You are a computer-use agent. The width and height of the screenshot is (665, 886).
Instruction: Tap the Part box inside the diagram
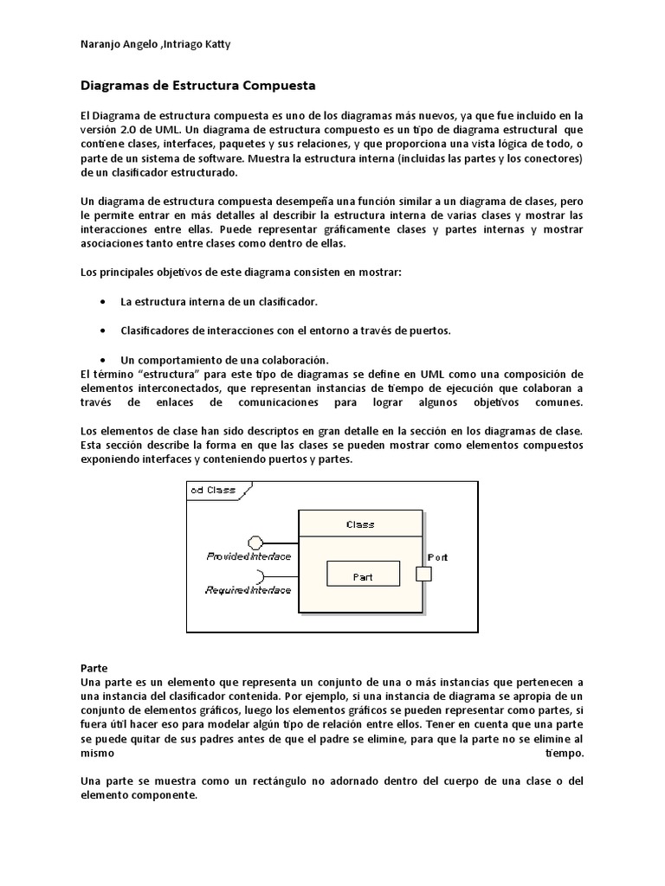pos(363,575)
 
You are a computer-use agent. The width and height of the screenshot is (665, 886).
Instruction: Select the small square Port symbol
pos(423,574)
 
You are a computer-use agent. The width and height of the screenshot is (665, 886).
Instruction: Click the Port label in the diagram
pos(438,557)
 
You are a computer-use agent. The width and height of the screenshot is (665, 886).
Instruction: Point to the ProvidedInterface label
pos(249,556)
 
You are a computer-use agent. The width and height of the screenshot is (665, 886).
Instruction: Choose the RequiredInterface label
pos(249,590)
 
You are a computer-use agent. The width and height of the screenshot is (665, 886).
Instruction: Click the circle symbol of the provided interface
pos(255,543)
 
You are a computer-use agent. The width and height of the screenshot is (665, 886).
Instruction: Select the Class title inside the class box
pos(360,524)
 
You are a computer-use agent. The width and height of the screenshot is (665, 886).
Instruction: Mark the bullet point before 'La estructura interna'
pos(104,302)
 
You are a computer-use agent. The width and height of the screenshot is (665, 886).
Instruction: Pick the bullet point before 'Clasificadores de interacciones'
pos(104,331)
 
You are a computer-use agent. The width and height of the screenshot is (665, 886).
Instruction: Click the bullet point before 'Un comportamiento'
pos(104,359)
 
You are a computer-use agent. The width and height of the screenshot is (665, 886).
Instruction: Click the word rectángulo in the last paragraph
pos(246,781)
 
